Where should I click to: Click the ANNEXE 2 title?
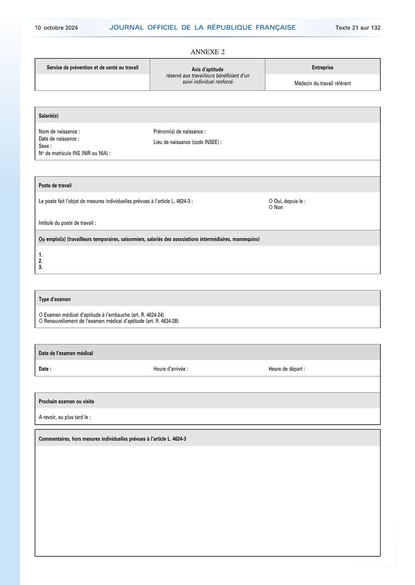coord(207,52)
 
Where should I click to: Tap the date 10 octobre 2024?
coord(56,28)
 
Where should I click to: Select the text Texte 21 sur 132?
coord(358,28)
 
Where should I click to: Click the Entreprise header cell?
coord(322,67)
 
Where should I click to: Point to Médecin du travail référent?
coord(322,83)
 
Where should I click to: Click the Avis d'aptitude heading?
coord(207,70)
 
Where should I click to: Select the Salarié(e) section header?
coord(48,116)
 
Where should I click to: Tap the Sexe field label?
coord(45,146)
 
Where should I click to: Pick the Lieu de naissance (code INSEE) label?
coord(187,142)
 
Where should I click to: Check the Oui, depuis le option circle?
coord(271,201)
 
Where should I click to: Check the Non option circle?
coord(271,207)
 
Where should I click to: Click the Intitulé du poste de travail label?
coord(67,223)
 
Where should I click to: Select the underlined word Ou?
coord(42,239)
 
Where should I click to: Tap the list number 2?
coord(40,261)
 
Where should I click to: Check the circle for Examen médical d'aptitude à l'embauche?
coord(41,315)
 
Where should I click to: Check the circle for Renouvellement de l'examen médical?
coord(41,321)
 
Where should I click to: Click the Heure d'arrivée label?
coord(170,369)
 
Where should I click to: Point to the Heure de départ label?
coord(287,369)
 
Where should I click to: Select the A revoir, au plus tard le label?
coord(65,417)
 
